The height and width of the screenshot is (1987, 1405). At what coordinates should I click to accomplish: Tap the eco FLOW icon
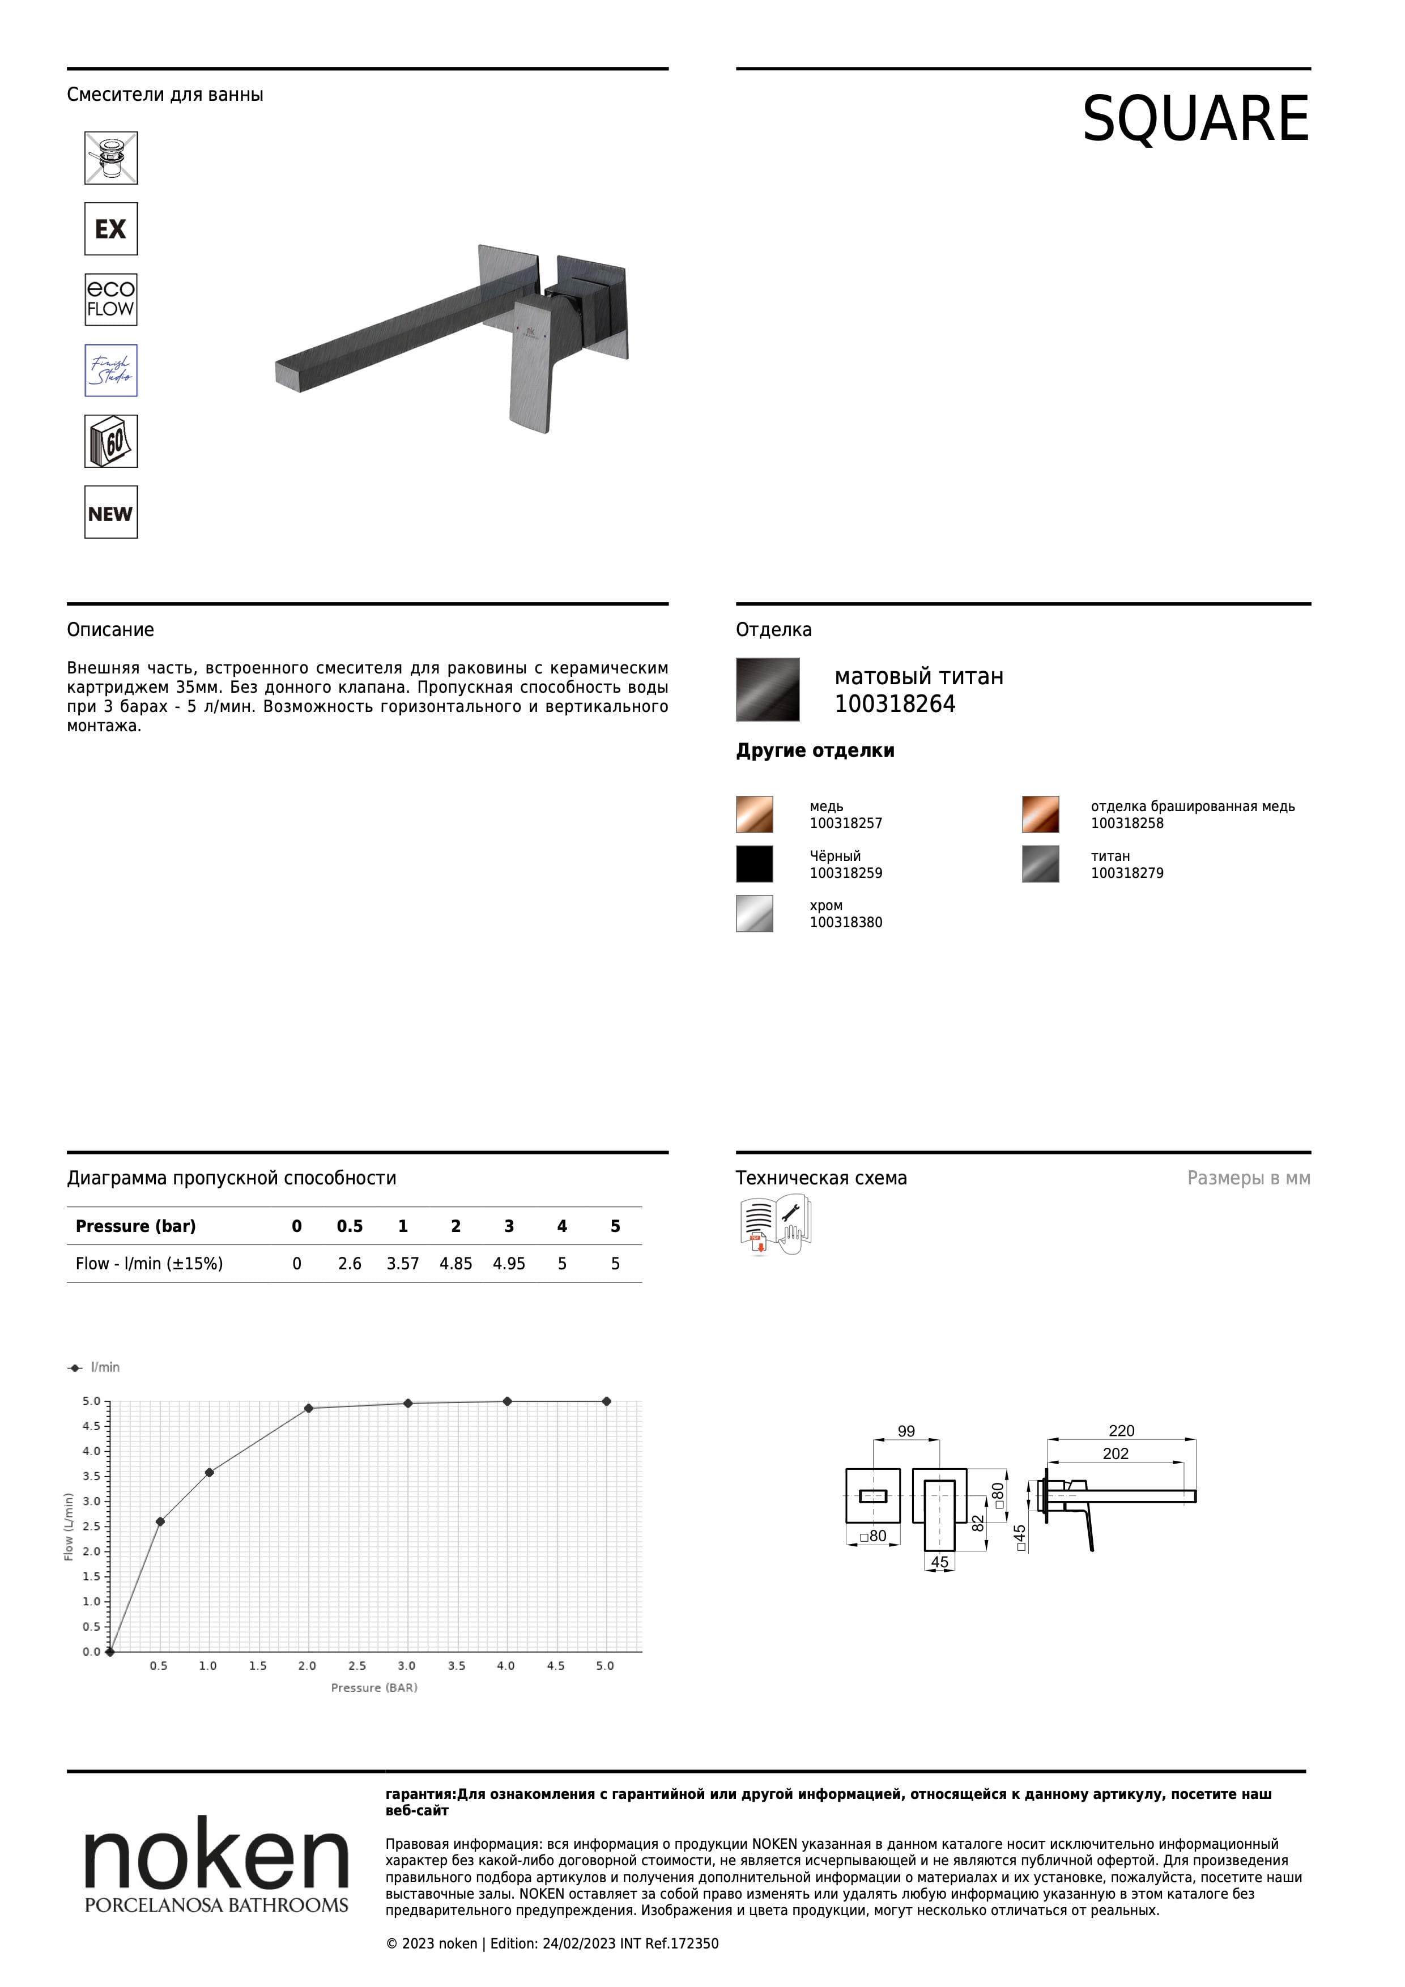pyautogui.click(x=111, y=300)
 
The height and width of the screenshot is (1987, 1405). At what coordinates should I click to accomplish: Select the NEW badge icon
pyautogui.click(x=111, y=513)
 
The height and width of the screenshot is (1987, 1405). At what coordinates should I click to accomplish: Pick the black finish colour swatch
pyautogui.click(x=754, y=864)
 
